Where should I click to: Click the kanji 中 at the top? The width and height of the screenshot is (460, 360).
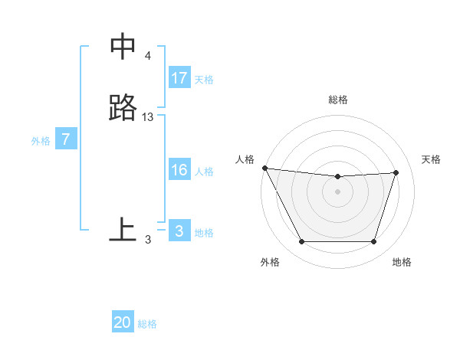123,47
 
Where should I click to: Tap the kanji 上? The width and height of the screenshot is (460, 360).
123,229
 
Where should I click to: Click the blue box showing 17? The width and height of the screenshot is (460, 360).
179,78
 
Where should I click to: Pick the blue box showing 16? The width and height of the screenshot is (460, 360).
179,170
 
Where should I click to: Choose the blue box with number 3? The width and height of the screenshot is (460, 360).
179,231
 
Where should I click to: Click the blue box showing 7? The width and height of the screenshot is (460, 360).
66,139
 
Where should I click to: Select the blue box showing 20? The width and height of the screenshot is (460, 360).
123,322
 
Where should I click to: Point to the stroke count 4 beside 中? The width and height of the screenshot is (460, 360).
148,56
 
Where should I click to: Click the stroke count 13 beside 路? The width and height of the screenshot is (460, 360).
148,117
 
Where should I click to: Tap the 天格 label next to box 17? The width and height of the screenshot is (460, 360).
204,80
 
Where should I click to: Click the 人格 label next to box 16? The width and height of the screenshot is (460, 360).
204,172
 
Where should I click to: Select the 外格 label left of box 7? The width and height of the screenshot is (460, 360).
40,141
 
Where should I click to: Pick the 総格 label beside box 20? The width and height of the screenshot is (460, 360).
147,324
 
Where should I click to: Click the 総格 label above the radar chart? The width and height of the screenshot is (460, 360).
338,100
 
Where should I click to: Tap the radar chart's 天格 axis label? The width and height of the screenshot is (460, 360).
432,159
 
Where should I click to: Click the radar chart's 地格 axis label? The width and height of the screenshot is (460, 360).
402,262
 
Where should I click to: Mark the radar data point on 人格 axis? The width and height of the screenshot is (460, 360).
264,168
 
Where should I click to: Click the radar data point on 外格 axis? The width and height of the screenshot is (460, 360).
301,242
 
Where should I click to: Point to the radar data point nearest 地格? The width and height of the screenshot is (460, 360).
373,242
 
